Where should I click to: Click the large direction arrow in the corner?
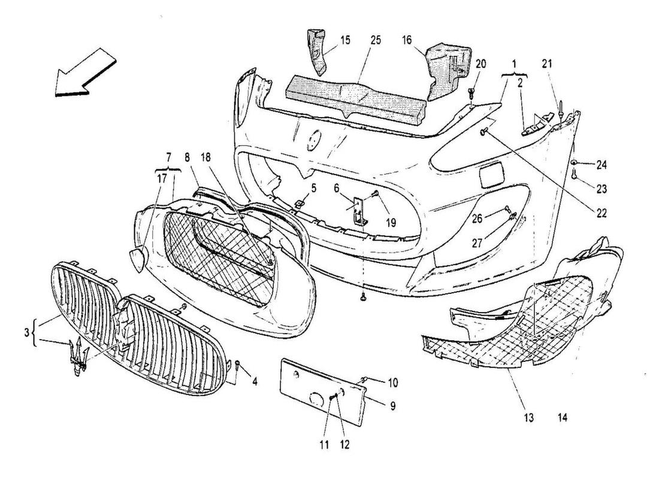84,76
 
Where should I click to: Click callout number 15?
346,41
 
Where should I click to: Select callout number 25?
375,41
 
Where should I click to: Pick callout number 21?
548,64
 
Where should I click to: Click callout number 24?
601,164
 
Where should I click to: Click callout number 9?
392,406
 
